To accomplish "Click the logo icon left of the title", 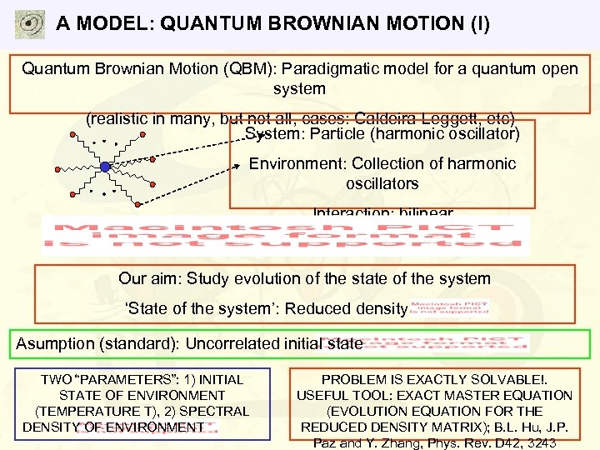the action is tap(30, 24).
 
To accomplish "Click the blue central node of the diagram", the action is tap(105, 167).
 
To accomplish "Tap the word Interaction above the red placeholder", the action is tap(347, 212).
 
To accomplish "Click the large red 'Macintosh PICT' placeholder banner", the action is tap(285, 236).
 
